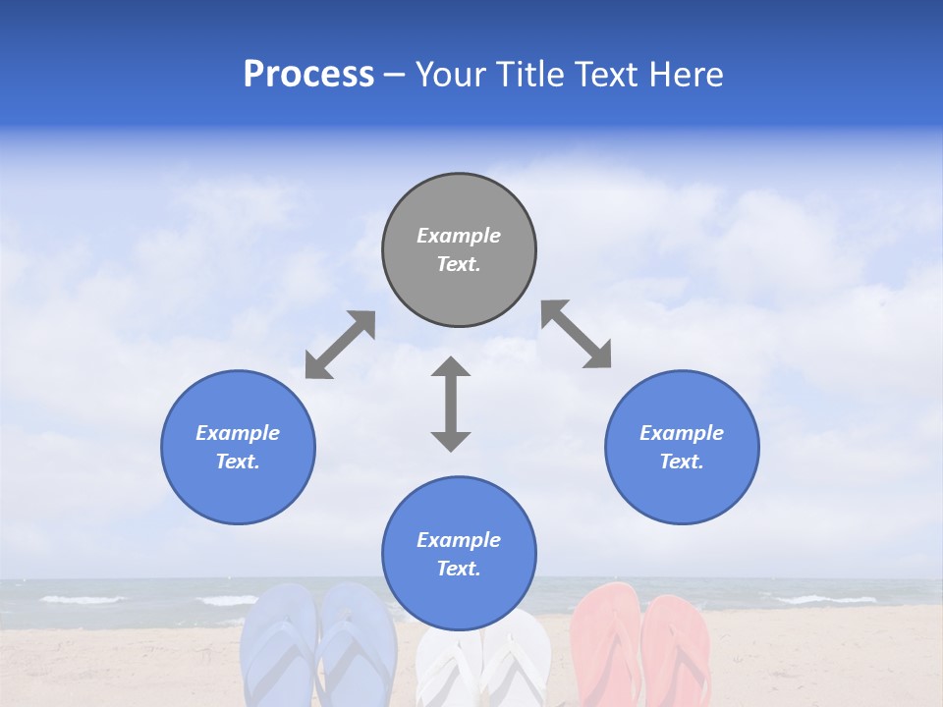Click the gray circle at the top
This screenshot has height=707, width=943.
pos(459,249)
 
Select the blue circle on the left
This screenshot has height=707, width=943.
pos(238,447)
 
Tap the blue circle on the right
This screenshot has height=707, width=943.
pos(682,447)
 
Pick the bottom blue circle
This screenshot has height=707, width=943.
pos(459,553)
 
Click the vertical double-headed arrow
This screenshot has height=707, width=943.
pos(451,404)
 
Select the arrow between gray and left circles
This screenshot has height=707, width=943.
pos(340,345)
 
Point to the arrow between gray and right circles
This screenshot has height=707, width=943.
pos(577,335)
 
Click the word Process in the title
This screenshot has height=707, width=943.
pos(308,75)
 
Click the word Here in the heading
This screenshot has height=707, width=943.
pos(687,75)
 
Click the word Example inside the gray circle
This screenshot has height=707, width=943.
pos(459,236)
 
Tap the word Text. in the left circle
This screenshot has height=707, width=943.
pos(238,462)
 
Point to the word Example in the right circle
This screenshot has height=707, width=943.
pos(682,433)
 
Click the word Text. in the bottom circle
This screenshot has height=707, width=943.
pos(459,569)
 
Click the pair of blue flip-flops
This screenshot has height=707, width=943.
pos(318,648)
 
